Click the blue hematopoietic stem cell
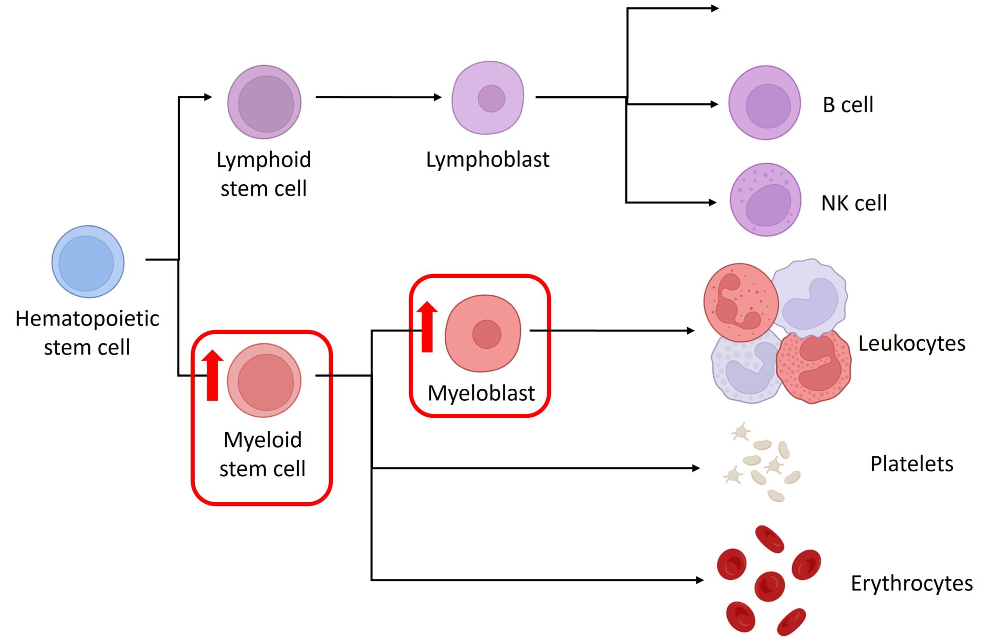point(88,261)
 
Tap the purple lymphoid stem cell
point(264,102)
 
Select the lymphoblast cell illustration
point(488,98)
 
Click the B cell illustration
point(765,103)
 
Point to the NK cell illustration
point(766,200)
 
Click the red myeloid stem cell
point(264,380)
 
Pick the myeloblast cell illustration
point(483,333)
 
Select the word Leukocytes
point(911,343)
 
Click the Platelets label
point(911,464)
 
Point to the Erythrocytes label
point(911,583)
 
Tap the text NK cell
point(854,203)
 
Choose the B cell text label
point(848,105)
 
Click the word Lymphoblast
point(487,160)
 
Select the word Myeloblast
point(481,393)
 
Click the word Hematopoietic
point(87,318)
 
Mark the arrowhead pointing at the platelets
point(696,468)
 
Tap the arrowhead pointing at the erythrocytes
point(700,580)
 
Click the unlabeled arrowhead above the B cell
point(715,8)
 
